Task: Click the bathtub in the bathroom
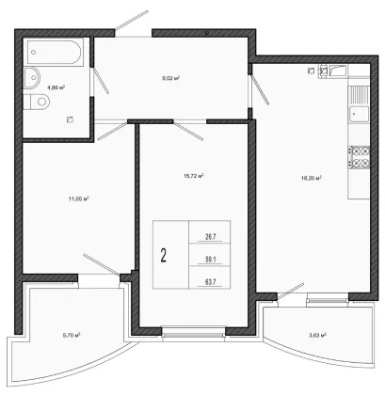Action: point(54,52)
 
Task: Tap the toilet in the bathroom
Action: point(37,102)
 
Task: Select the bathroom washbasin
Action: point(32,77)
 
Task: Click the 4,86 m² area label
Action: point(56,87)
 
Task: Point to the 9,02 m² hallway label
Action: point(170,78)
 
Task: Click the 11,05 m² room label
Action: point(78,198)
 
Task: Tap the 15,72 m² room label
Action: point(194,176)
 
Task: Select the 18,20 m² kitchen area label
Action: point(312,179)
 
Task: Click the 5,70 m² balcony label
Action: point(72,335)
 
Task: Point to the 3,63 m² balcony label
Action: point(317,335)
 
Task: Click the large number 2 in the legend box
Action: point(163,255)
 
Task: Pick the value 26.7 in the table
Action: point(210,237)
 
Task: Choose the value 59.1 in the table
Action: point(210,260)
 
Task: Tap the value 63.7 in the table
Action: point(210,282)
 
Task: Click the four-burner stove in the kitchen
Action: point(359,157)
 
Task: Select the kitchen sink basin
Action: point(360,114)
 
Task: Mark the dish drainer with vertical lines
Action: point(360,95)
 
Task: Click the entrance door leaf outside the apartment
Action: point(132,21)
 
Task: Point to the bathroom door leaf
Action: point(101,80)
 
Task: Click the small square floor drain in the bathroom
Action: point(70,119)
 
